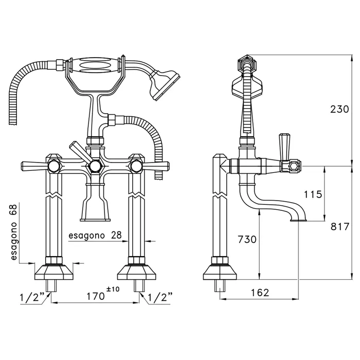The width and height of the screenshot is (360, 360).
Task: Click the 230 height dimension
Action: pos(339,109)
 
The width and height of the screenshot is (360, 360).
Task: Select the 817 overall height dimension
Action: pos(340,227)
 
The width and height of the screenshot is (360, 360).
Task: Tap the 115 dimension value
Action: pos(313,194)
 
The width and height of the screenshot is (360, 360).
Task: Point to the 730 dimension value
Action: pos(247,239)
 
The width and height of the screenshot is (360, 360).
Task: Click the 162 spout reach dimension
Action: pos(260,293)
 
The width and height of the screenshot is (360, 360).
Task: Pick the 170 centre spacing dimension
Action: pos(95,296)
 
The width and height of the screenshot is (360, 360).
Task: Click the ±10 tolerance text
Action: pos(113,289)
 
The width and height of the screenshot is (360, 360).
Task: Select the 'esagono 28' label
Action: pos(95,235)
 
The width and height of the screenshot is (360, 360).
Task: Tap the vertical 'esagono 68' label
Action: pos(14,232)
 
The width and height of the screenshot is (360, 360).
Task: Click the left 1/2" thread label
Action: pos(31,298)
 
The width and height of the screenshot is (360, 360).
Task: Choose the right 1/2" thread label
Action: pos(160,298)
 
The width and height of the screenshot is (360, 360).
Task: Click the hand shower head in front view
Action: pos(165,84)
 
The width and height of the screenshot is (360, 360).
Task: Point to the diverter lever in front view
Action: pos(80,152)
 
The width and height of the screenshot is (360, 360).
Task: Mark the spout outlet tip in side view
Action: pos(298,220)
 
